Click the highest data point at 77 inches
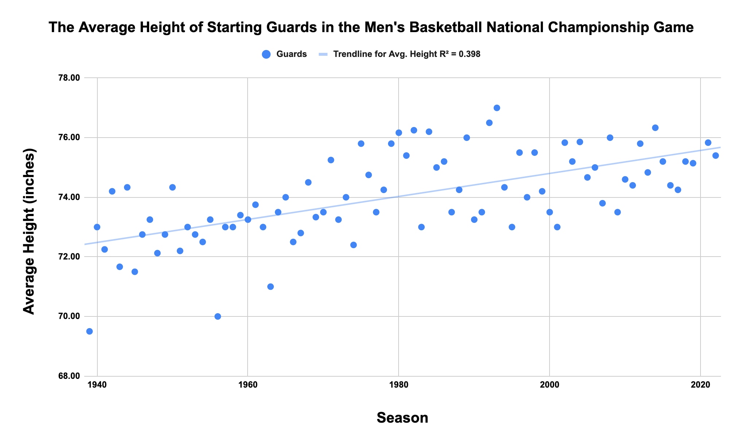click(x=497, y=108)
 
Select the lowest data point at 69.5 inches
click(x=89, y=331)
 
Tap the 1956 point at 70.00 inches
click(x=218, y=316)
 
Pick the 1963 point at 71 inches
click(x=271, y=287)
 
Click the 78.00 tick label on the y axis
click(x=69, y=78)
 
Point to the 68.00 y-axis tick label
click(x=69, y=376)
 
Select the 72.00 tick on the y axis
click(x=69, y=257)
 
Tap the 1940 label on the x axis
click(x=97, y=385)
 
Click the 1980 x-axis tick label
click(x=399, y=385)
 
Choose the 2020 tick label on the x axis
click(x=701, y=385)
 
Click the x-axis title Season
click(x=402, y=418)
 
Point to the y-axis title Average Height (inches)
click(x=29, y=231)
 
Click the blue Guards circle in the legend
click(x=266, y=54)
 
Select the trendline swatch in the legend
click(x=323, y=54)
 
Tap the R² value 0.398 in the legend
click(x=469, y=54)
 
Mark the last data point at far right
click(x=715, y=155)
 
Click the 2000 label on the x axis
click(x=550, y=385)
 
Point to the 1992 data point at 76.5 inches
click(x=489, y=123)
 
